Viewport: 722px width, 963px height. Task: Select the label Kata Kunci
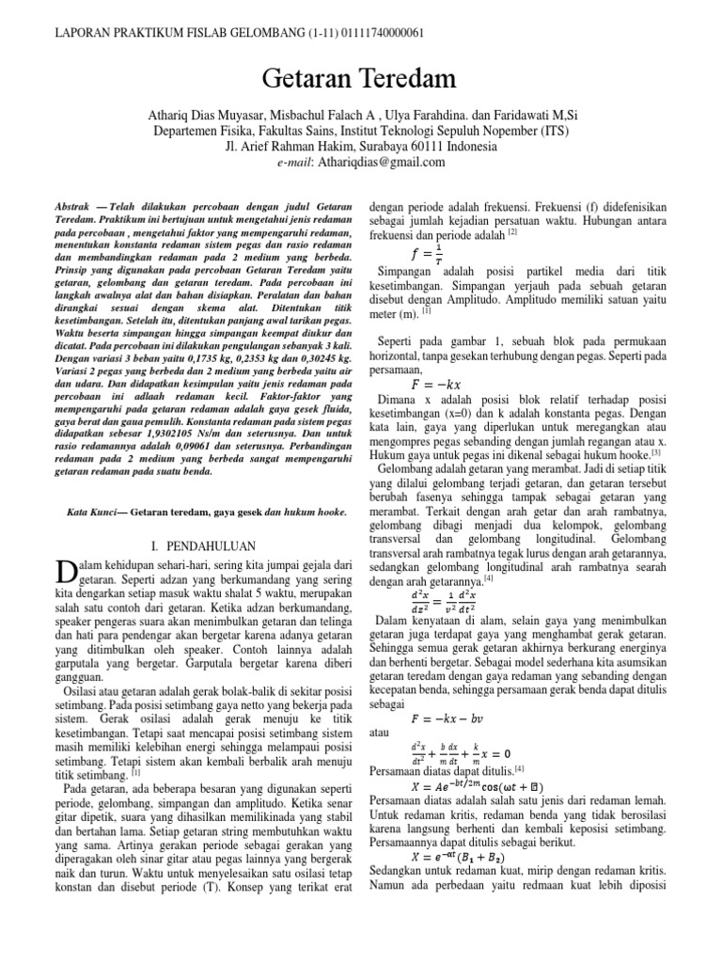tap(90, 512)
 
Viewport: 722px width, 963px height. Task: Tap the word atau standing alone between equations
tap(378, 734)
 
